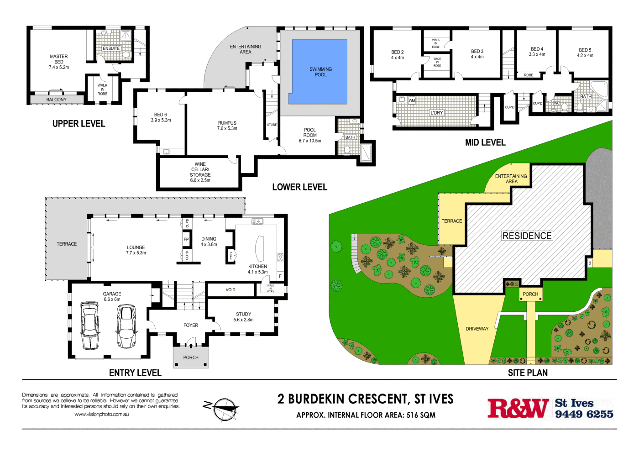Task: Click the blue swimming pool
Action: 319,72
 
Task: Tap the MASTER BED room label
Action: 59,62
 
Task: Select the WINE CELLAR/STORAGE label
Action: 200,172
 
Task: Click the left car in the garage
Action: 89,325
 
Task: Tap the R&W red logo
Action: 518,408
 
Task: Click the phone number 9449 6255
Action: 584,414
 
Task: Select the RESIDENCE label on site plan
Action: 527,236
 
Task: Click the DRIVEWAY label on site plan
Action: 477,329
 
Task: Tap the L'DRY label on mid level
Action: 436,113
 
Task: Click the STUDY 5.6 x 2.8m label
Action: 243,317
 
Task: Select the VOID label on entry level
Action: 230,289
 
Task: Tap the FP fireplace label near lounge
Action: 186,239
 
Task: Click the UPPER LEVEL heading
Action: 79,124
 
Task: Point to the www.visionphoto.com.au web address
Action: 101,415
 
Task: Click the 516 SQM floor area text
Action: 421,415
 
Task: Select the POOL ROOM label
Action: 310,135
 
